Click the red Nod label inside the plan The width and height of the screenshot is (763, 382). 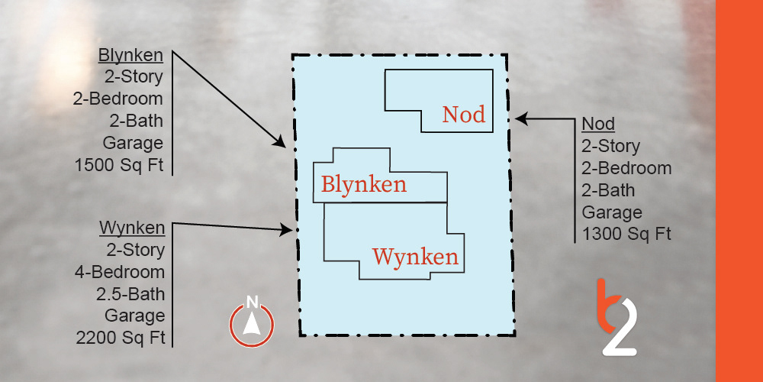point(463,115)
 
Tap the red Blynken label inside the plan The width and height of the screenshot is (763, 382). point(363,185)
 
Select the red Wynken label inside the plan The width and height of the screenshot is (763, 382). point(416,256)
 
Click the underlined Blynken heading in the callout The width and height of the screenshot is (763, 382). point(130,55)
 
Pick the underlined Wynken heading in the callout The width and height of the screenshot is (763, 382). point(132,228)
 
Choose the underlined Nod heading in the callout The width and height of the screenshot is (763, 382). point(598,124)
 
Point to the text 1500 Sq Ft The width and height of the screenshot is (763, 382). point(119,165)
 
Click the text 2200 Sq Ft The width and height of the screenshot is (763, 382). point(121,338)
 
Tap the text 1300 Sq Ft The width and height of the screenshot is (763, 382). point(626,234)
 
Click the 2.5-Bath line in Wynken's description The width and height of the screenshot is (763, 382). point(133,294)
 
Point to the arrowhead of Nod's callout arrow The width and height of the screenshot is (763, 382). point(520,118)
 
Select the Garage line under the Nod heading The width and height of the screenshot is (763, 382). point(612,212)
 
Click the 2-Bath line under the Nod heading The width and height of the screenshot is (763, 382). point(608,189)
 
